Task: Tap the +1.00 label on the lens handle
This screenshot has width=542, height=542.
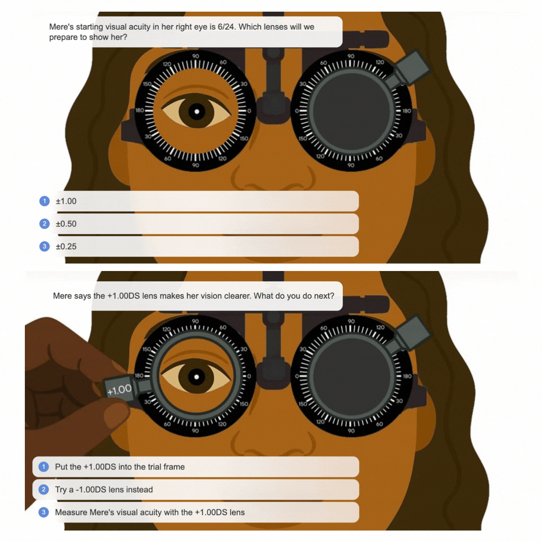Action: [x=119, y=390]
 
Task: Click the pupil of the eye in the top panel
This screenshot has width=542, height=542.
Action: [x=197, y=112]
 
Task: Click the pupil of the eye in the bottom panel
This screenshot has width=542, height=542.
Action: [x=196, y=377]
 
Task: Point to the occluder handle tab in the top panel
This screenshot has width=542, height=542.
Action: [x=411, y=67]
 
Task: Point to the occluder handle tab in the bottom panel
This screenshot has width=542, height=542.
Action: [x=412, y=332]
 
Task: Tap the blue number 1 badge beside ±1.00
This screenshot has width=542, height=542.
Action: [x=44, y=201]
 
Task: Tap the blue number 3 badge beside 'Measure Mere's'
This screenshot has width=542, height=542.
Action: [x=44, y=513]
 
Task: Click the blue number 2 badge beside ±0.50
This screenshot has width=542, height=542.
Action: [x=44, y=224]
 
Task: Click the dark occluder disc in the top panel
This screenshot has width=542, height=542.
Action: [x=351, y=111]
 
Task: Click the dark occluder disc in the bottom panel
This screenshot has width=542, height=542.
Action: [x=351, y=376]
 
